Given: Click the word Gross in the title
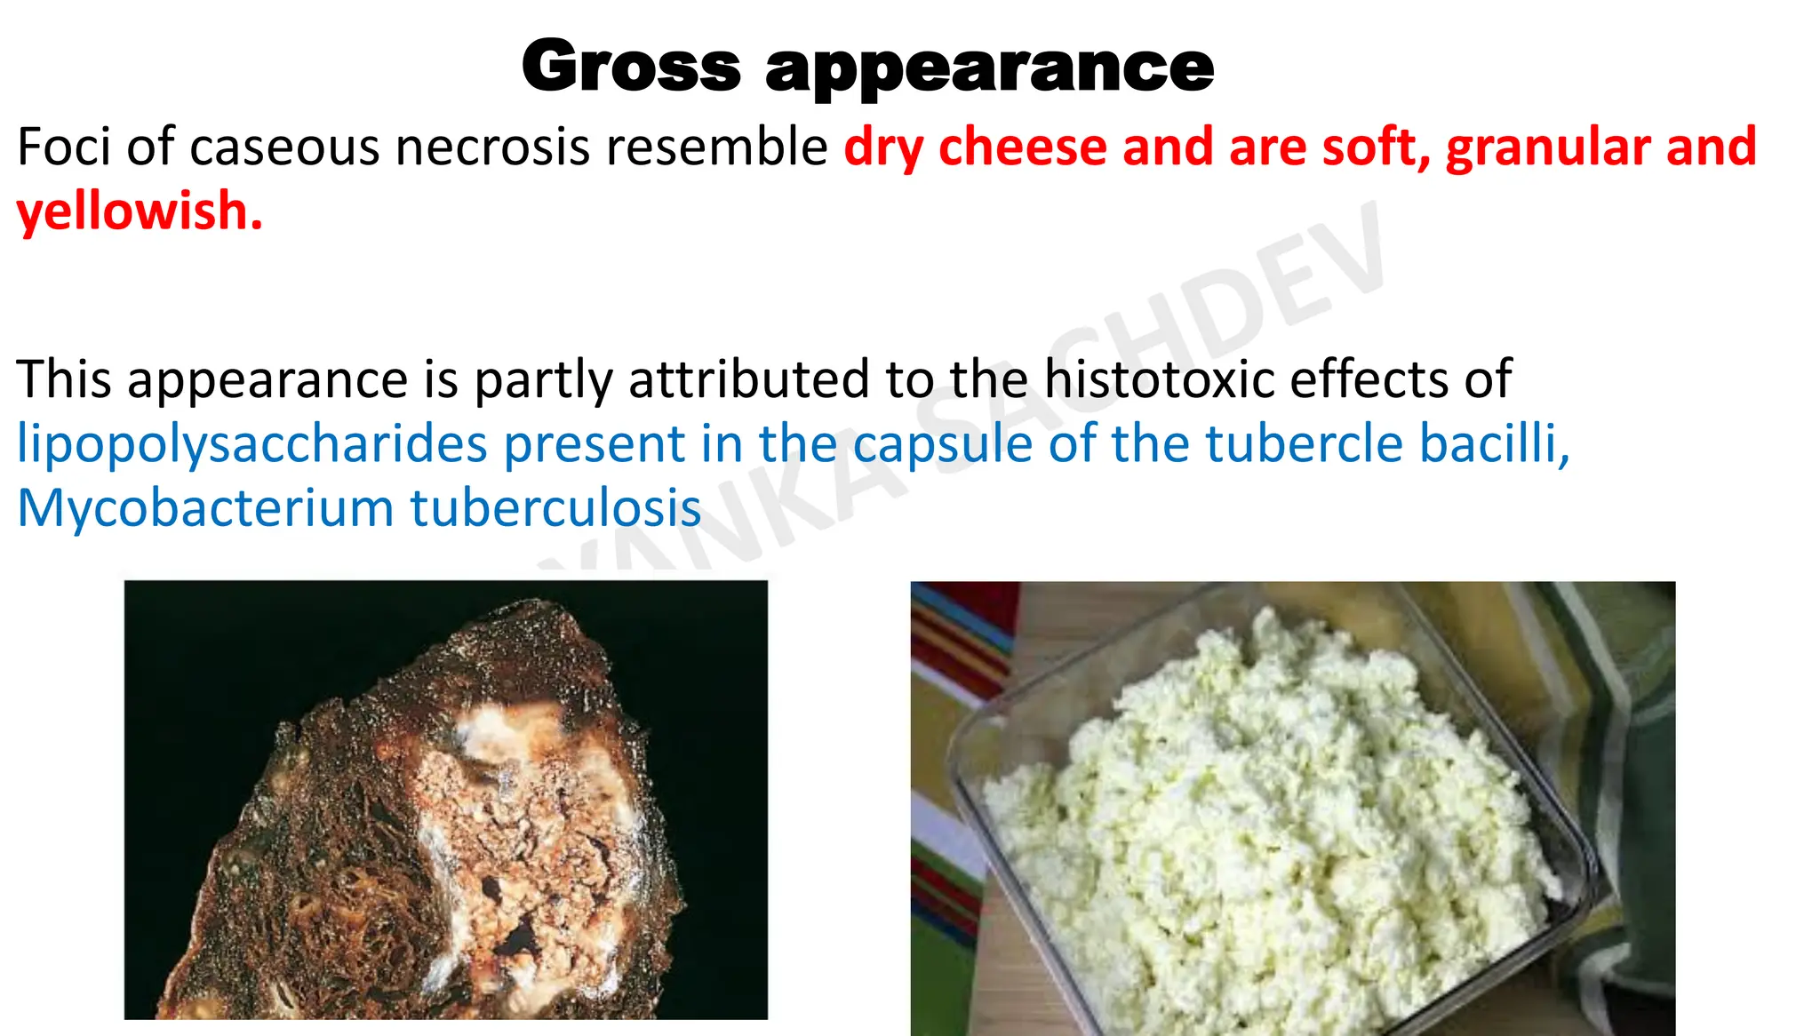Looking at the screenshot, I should coord(631,67).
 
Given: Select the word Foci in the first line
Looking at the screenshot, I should coord(63,147).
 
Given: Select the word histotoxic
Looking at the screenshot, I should coord(1159,379).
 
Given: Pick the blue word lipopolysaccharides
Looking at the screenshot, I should coord(252,443).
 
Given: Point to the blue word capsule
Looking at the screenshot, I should coord(943,443).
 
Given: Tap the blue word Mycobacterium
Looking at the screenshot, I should coord(205,508).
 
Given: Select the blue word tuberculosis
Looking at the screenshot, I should coord(555,508).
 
